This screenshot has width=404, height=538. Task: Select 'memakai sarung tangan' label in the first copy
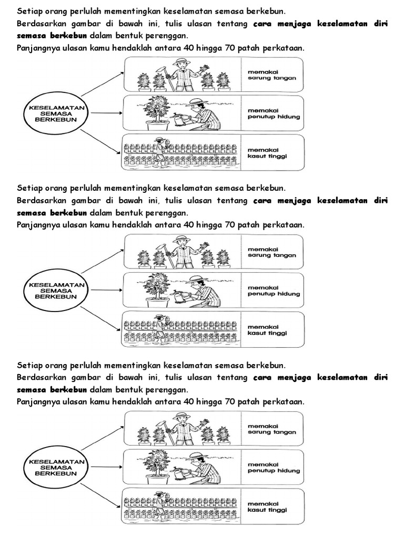(271, 74)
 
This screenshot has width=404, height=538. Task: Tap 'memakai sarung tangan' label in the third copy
(271, 428)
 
